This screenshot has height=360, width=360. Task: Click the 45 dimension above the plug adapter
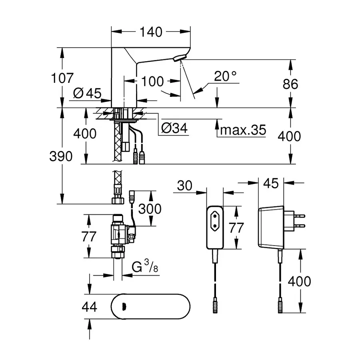pyautogui.click(x=271, y=184)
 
